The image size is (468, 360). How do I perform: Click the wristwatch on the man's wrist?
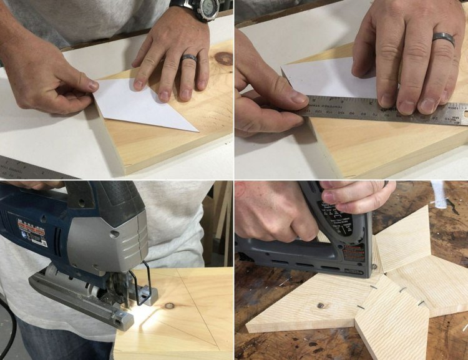tap(199, 8)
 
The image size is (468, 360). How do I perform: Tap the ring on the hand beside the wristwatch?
tap(189, 58)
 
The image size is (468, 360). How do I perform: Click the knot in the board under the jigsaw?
tap(169, 306)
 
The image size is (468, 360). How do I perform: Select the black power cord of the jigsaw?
tap(9, 324)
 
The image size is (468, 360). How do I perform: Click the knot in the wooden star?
tap(319, 305)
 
